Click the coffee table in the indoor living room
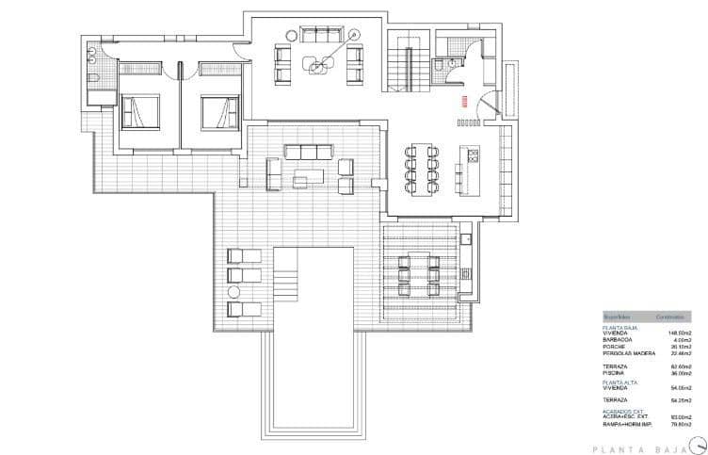pyautogui.click(x=320, y=62)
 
